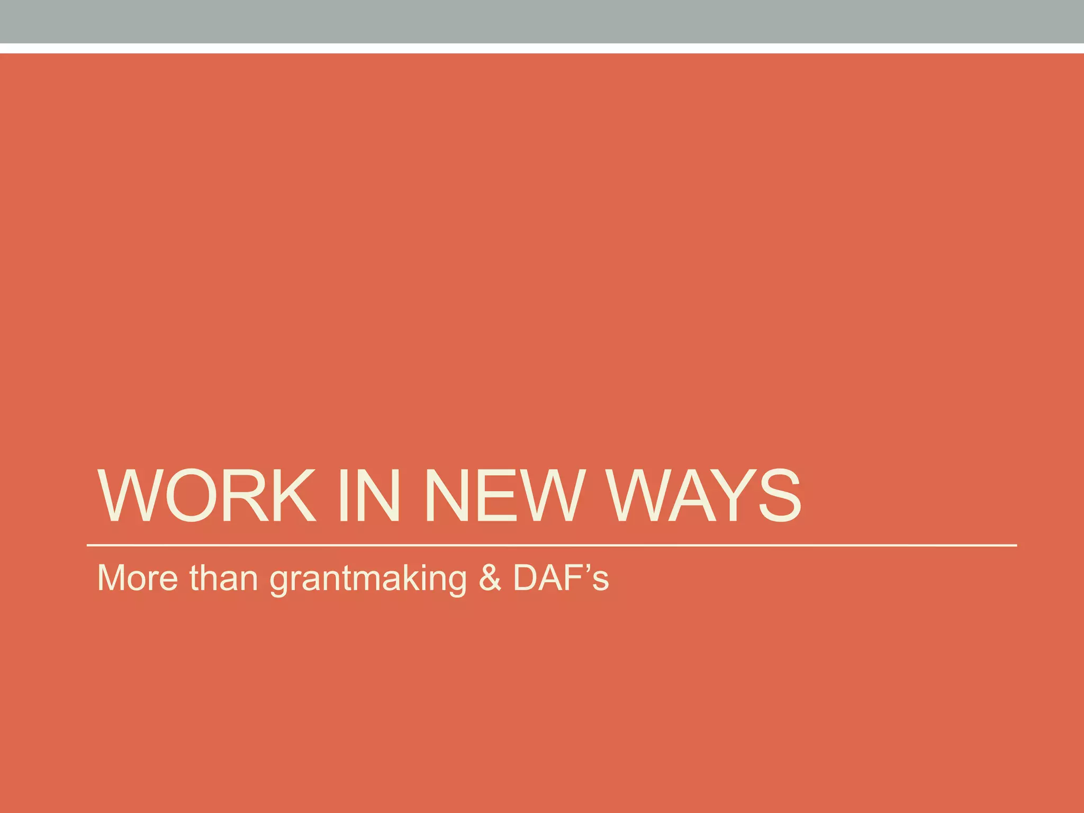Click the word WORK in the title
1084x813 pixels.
206,496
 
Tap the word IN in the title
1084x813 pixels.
369,496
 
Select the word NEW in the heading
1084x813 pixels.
504,496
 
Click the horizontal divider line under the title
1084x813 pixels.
550,545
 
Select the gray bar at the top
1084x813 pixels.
542,21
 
